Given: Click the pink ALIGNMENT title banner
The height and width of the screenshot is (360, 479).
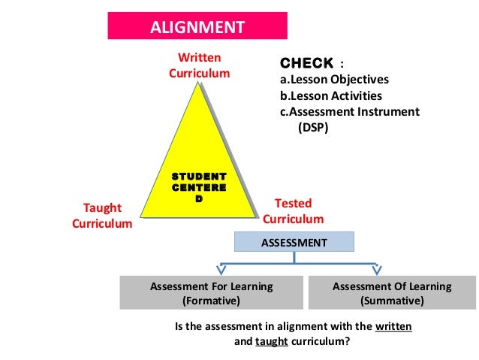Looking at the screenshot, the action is point(197,28).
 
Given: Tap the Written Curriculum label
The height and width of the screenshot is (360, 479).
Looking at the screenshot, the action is point(199,65).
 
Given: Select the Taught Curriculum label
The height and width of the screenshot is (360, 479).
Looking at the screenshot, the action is point(102,216).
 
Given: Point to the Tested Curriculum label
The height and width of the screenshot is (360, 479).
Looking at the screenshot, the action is point(293,211).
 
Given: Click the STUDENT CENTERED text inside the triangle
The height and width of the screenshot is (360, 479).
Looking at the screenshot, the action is point(199,187).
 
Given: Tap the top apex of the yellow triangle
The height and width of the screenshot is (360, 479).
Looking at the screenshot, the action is point(199,82).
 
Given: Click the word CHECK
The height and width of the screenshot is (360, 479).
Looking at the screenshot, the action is point(306,63).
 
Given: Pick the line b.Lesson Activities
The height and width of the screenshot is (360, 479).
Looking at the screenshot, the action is point(330,96).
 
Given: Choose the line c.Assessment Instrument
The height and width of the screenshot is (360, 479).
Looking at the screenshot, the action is point(349,112).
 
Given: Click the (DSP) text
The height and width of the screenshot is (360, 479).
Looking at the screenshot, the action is point(313,128).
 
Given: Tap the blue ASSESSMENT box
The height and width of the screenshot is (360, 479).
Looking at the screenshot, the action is point(294,243).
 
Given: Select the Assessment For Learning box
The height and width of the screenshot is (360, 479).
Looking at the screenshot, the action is point(211,293).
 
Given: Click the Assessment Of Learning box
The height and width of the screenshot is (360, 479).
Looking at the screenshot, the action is point(392,293).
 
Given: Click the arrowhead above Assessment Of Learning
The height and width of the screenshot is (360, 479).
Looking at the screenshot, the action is point(376,268).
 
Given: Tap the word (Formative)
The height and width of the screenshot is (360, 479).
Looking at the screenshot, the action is point(211,301).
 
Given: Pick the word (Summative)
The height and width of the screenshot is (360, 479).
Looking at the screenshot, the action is point(392,301).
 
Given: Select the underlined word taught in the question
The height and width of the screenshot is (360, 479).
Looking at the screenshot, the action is point(272,340).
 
